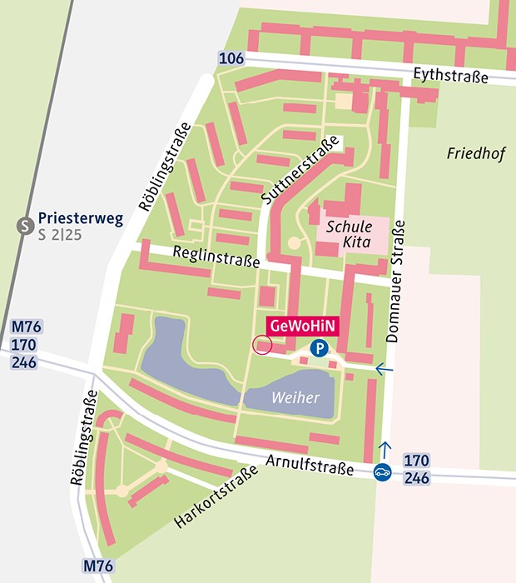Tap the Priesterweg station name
tap(81, 220)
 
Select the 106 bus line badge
tap(231, 58)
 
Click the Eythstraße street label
tap(450, 77)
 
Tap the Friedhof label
tap(472, 153)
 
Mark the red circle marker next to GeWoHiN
tap(262, 345)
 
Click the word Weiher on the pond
tap(295, 398)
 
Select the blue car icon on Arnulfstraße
tap(383, 471)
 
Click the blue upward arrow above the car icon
tap(384, 451)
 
